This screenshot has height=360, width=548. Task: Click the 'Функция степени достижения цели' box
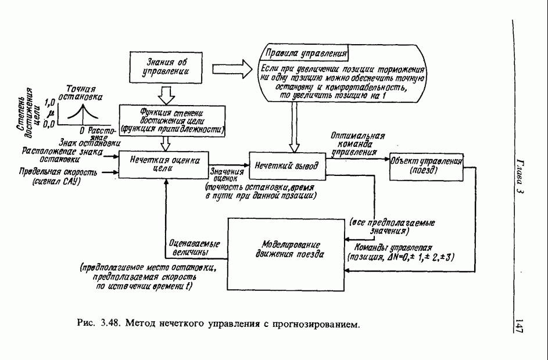click(171, 119)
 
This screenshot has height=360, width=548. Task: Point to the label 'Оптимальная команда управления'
click(355, 145)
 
